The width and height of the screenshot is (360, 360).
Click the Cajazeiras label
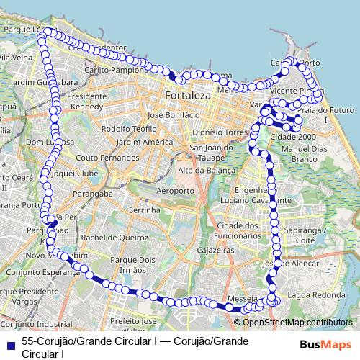pos(217,249)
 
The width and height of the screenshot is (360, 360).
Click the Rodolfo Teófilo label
pos(129,128)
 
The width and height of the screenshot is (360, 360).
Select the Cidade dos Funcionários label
pos(236,230)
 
